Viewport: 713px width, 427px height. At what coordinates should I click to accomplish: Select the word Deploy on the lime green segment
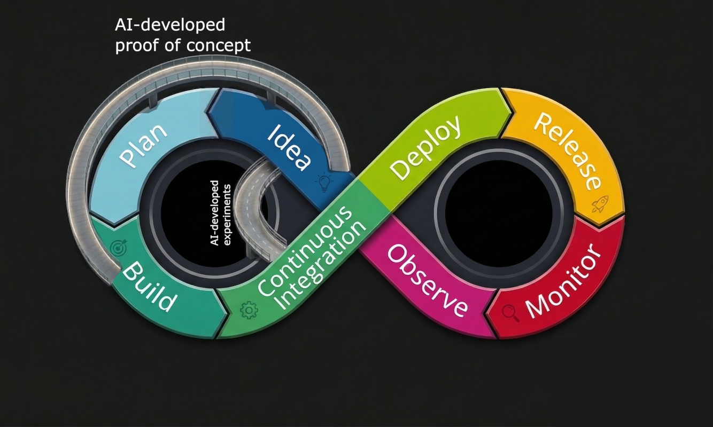(425, 146)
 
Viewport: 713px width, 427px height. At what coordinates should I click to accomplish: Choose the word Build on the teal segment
(149, 287)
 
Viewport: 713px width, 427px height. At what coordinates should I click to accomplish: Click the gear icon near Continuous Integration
(249, 310)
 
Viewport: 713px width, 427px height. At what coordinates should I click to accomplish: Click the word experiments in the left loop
(227, 213)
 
